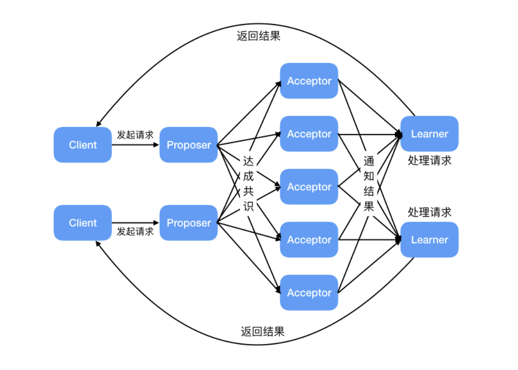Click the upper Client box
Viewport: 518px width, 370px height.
[82, 145]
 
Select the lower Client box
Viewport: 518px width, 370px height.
[82, 223]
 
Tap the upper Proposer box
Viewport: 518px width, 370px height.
[189, 145]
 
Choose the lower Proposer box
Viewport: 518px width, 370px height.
[189, 223]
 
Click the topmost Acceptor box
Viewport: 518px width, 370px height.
[309, 81]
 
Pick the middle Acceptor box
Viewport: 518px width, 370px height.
[309, 187]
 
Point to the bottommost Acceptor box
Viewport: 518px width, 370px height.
[309, 293]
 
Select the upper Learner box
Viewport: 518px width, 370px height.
[430, 134]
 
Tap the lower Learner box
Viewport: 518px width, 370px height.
[430, 240]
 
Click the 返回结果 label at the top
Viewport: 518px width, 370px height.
[259, 36]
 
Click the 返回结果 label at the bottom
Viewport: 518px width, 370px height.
[262, 332]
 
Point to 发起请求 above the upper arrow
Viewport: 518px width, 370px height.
[135, 135]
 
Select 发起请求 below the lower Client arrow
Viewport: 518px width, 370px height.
[135, 231]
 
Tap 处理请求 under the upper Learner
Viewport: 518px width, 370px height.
[430, 161]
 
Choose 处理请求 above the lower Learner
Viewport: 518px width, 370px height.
[430, 212]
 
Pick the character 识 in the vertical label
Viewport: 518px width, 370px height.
[249, 206]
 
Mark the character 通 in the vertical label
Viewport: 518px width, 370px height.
[369, 162]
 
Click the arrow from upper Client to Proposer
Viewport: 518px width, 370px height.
[135, 145]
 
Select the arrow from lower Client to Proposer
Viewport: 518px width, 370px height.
[135, 223]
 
